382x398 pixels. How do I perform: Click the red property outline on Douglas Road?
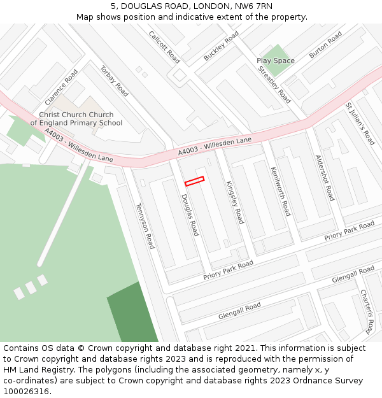[194, 181]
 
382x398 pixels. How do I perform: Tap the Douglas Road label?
[190, 215]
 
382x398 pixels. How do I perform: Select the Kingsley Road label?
[235, 202]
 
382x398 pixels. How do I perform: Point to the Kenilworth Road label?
[280, 191]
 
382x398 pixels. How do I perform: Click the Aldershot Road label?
[325, 178]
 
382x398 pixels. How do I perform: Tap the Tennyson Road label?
[145, 225]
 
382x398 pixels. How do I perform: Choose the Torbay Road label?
[114, 81]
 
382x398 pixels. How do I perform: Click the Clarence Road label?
[62, 87]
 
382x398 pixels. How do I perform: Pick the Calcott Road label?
[164, 46]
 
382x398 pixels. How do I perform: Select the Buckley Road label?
[221, 45]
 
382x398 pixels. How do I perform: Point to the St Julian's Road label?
[360, 123]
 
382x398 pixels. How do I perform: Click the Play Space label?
[276, 60]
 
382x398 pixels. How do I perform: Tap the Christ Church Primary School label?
[76, 119]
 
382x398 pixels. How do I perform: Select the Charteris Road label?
[366, 311]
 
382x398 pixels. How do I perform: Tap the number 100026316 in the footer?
[27, 391]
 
